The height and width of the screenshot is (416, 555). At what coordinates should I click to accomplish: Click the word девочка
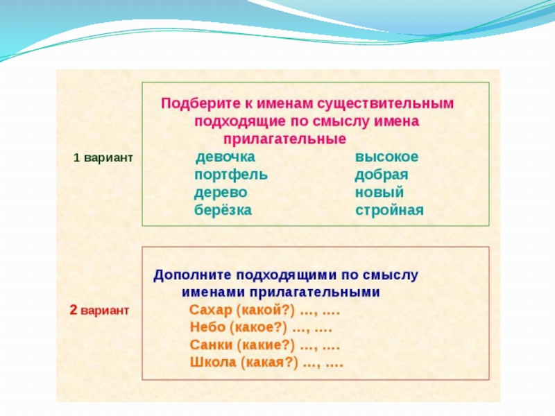(225, 157)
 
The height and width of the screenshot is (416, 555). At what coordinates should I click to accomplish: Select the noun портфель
(231, 175)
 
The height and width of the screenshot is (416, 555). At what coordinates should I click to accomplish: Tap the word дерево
(221, 192)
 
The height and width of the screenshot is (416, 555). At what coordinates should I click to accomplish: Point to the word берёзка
(223, 209)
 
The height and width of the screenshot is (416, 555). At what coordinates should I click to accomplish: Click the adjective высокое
(387, 157)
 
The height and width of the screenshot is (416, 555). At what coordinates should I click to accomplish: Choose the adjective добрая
(382, 175)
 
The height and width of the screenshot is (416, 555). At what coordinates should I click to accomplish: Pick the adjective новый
(379, 192)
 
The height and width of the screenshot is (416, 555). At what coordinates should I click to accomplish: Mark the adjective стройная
(389, 209)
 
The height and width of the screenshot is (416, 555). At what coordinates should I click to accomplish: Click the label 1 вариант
(103, 157)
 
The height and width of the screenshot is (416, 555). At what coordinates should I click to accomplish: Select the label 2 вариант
(99, 310)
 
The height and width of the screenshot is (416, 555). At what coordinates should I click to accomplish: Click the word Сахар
(210, 309)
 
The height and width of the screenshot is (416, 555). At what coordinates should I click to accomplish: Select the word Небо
(207, 327)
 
